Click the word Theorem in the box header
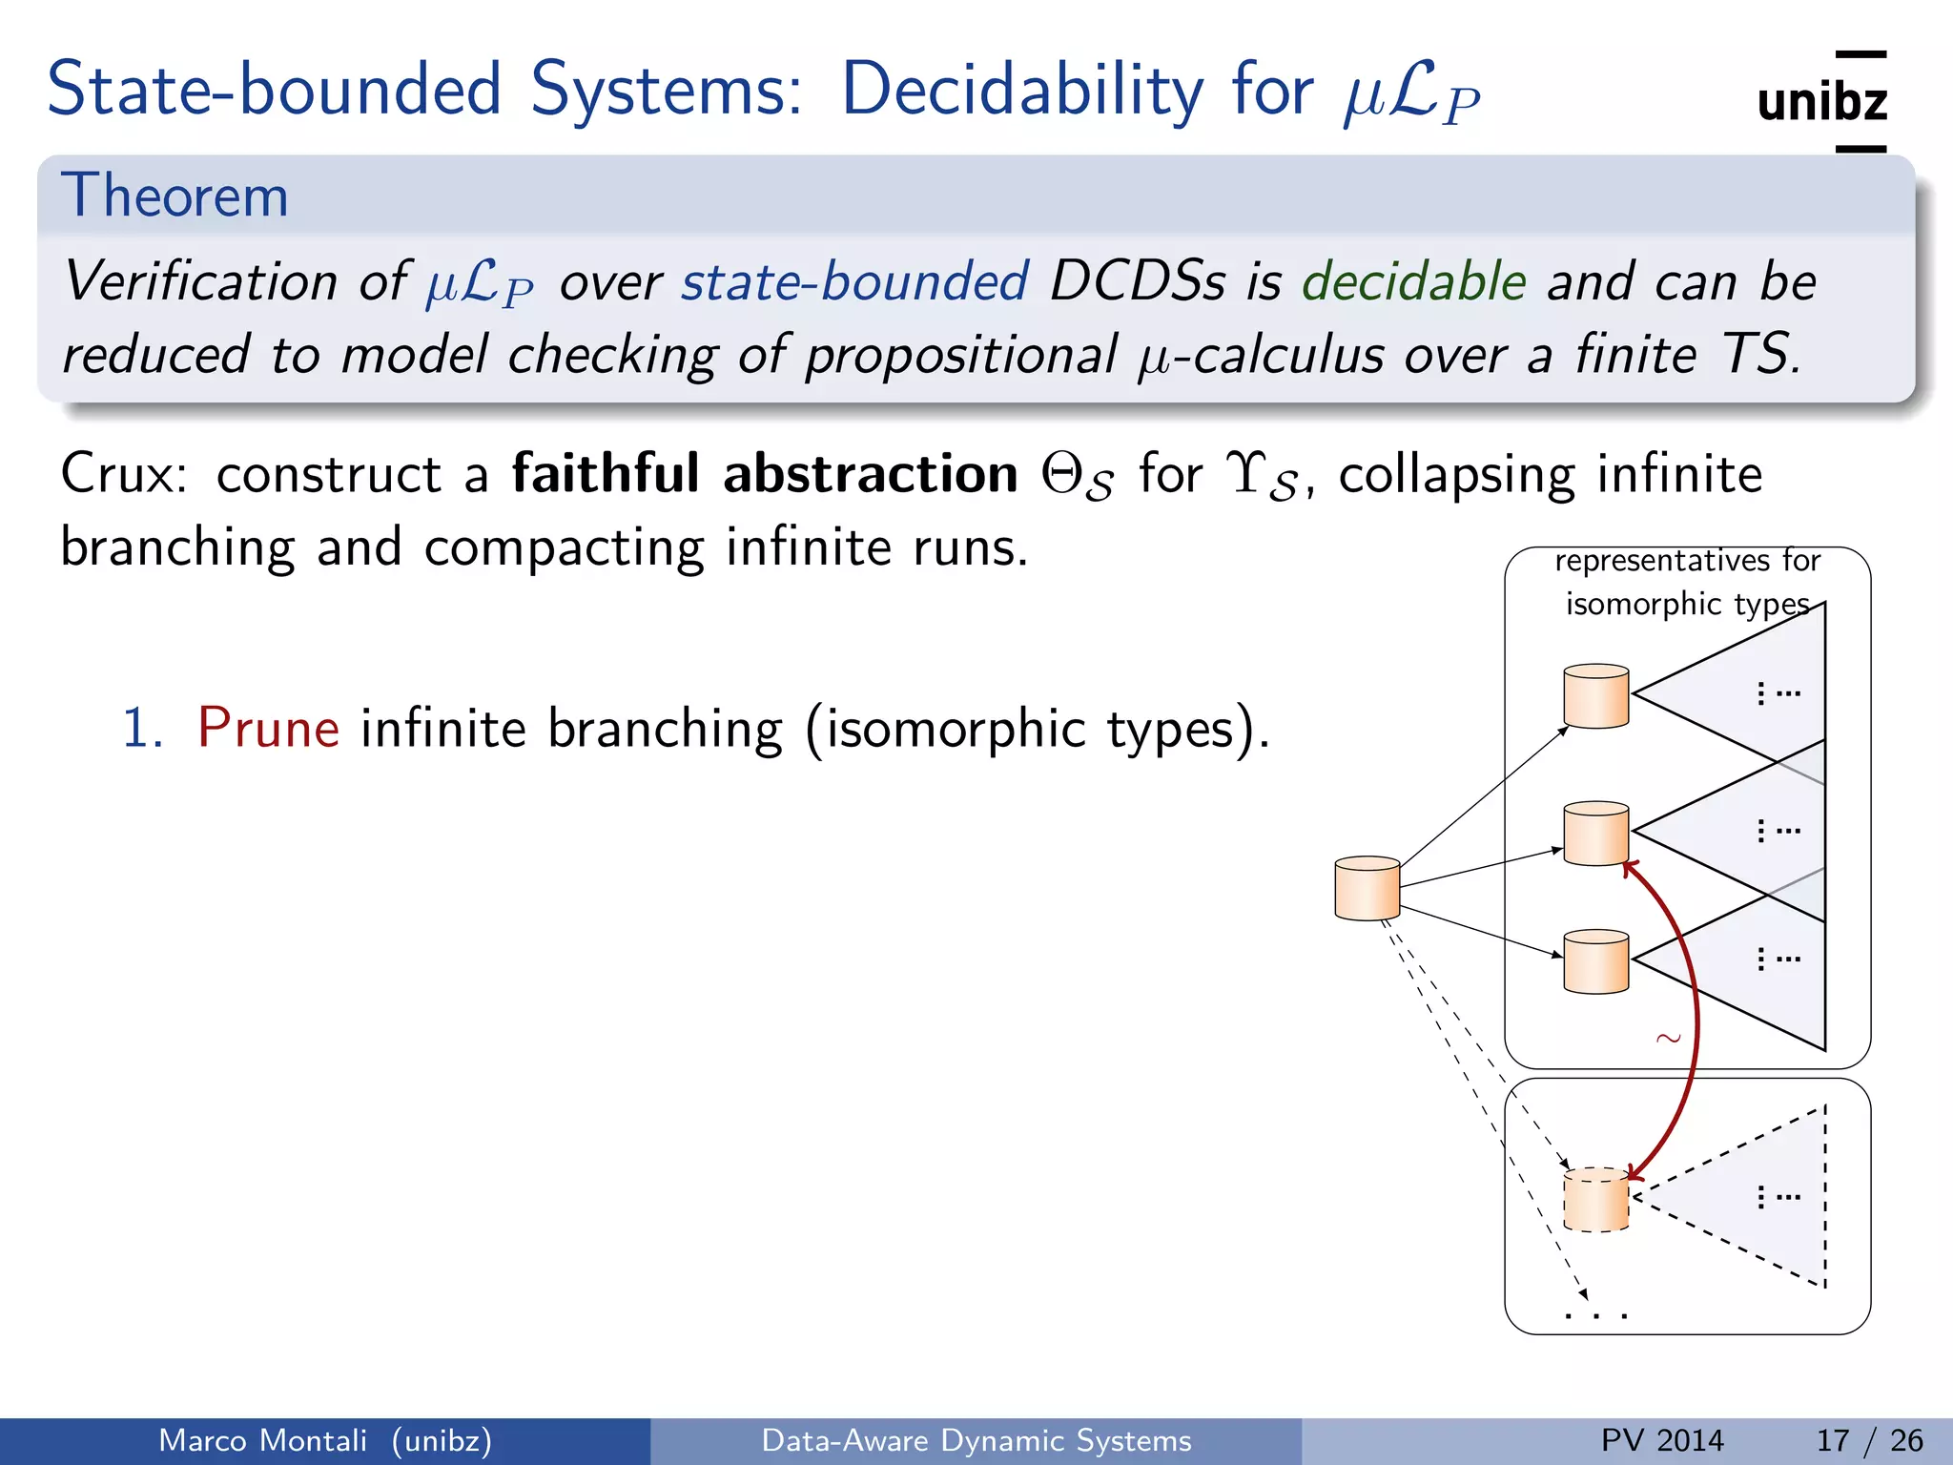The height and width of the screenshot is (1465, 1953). tap(175, 196)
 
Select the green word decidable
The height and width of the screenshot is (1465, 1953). tap(1414, 281)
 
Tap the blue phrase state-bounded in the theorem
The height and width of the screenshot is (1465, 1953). tap(854, 281)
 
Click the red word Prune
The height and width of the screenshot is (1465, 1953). tap(268, 729)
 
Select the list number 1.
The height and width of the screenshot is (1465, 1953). tap(143, 729)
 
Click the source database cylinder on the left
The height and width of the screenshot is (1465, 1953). tap(1367, 888)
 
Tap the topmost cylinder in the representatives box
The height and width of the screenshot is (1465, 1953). tap(1596, 696)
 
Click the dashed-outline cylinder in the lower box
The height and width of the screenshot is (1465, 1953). tap(1596, 1200)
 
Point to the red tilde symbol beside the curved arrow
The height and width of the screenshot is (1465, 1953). tap(1668, 1038)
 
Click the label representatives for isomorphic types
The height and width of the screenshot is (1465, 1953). tap(1687, 582)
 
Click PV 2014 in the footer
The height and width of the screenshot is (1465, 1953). tap(1662, 1440)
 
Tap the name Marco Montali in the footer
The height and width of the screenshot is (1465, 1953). tap(262, 1440)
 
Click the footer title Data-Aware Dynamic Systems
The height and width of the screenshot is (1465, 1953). tap(976, 1440)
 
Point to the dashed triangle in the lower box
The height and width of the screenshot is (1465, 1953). tap(1755, 1197)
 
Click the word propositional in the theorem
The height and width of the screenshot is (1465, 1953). tap(960, 355)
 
